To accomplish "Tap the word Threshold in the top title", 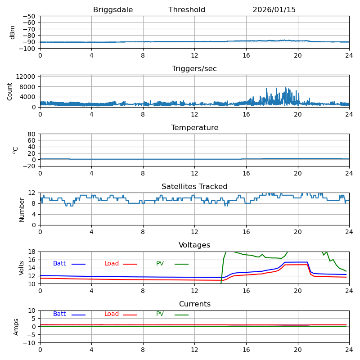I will tap(187, 10).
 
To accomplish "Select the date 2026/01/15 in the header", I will tap(274, 10).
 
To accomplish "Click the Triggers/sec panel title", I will tap(194, 69).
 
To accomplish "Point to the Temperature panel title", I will tap(194, 128).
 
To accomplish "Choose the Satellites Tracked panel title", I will tap(194, 187).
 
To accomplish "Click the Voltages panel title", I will tap(194, 245).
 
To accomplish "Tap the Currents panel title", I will tap(194, 304).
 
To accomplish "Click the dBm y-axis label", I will tap(13, 32).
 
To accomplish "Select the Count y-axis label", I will tap(10, 91).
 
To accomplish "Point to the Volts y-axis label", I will tap(22, 268).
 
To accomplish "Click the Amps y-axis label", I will tap(16, 327).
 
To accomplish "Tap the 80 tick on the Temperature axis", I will tap(32, 134).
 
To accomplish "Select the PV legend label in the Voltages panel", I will tap(160, 264).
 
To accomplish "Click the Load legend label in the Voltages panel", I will tap(112, 264).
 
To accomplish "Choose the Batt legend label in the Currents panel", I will tap(59, 314).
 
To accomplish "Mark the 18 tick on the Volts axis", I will tap(33, 252).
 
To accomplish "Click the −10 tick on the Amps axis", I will tap(30, 343).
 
